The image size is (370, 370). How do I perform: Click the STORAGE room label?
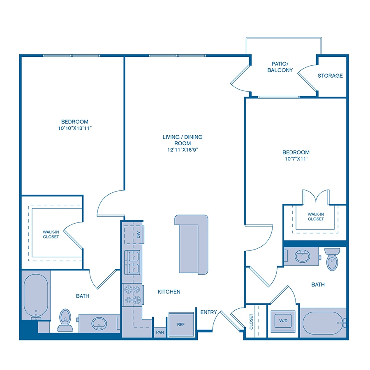330,76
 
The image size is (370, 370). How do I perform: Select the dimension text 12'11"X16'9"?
182,150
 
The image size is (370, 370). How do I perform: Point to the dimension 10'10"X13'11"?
74,128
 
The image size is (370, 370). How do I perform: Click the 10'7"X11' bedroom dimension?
296,159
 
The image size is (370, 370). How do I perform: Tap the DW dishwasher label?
138,235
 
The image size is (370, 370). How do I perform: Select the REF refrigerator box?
181,324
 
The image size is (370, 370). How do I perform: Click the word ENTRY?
208,312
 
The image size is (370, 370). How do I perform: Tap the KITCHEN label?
169,292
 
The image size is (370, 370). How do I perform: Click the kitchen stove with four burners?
132,295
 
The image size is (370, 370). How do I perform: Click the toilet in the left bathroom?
65,320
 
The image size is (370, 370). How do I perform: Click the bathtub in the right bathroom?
323,324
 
